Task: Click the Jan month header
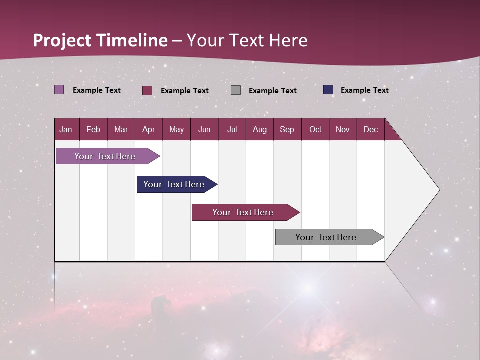(x=66, y=130)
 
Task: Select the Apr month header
(x=149, y=130)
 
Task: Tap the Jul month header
(x=232, y=130)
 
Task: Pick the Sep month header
(x=287, y=130)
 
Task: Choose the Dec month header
(x=370, y=130)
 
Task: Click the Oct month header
(x=315, y=130)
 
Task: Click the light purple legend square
(x=59, y=90)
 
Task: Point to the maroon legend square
(x=147, y=90)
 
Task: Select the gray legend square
(x=236, y=90)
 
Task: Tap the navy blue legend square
(x=328, y=90)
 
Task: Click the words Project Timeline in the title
(x=100, y=40)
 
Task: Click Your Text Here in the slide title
(x=247, y=40)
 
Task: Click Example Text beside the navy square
(x=364, y=90)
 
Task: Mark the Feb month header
(x=93, y=130)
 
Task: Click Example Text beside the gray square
(x=272, y=91)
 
